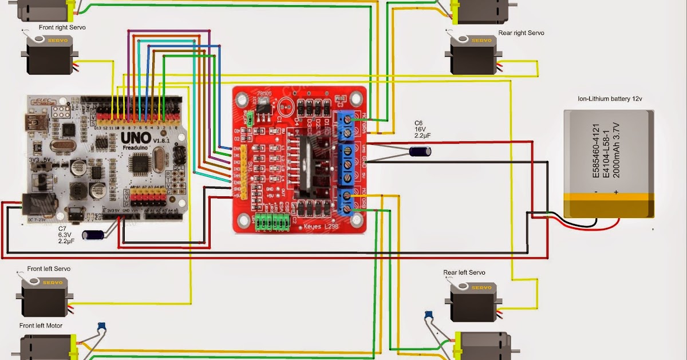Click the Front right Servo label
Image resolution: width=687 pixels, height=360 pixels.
(x=62, y=27)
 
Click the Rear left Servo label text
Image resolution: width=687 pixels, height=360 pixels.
(x=464, y=272)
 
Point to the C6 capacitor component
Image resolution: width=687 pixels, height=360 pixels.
(x=420, y=152)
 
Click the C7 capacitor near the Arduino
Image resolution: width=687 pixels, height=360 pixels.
(x=93, y=234)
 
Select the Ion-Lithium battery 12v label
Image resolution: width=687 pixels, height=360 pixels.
(x=610, y=98)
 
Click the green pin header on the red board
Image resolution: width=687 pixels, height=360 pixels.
(x=271, y=222)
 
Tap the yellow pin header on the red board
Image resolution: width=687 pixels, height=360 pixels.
(x=243, y=172)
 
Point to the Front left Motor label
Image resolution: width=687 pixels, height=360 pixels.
(x=41, y=326)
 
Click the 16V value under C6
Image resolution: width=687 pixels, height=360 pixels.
(x=420, y=130)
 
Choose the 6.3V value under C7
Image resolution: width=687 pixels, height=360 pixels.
(x=65, y=235)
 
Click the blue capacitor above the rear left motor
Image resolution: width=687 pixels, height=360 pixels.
(x=428, y=314)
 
